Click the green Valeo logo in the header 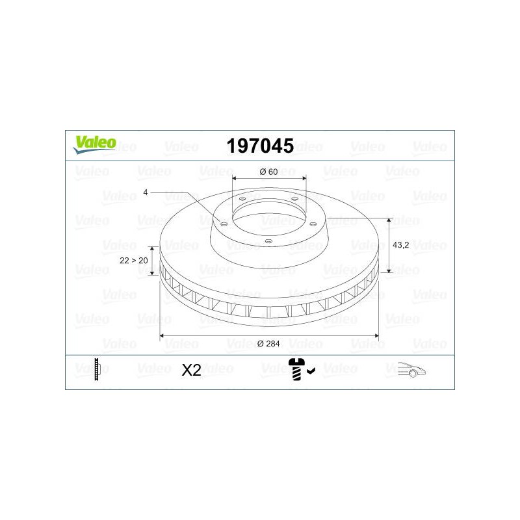[95, 145]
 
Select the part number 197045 [260, 146]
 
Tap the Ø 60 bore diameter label [268, 172]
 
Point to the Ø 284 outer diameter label [268, 344]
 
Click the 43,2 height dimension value [400, 245]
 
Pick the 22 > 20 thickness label [134, 261]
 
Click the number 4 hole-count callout [145, 192]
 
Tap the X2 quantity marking [191, 370]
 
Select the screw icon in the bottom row [296, 369]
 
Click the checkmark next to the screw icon [311, 371]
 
